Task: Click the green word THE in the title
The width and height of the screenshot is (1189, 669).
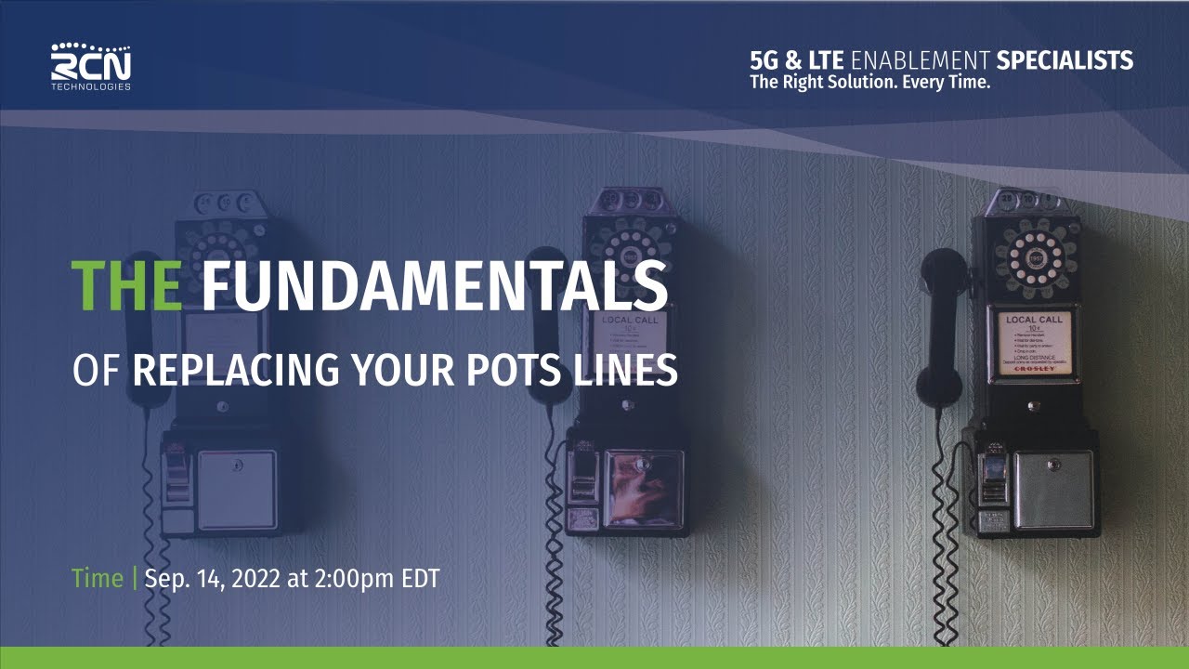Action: point(126,286)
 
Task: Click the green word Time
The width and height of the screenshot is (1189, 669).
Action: point(97,578)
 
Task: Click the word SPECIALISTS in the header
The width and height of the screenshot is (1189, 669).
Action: point(1065,61)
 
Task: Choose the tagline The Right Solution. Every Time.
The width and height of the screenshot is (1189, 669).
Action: point(870,83)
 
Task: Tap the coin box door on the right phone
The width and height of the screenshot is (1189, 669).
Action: point(1052,489)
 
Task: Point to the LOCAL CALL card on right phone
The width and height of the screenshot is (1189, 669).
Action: point(1033,340)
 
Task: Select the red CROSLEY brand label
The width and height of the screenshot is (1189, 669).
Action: point(1033,369)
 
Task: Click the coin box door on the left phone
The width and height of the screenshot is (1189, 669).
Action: point(237,489)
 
